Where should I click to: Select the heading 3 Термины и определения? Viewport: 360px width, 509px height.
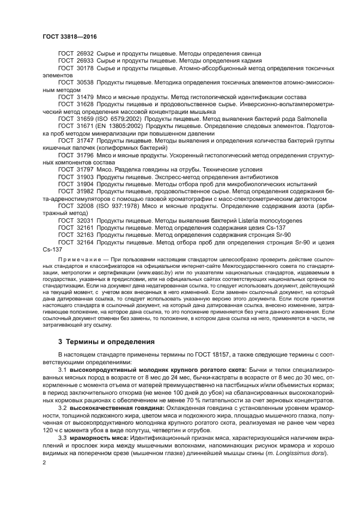[106, 342]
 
